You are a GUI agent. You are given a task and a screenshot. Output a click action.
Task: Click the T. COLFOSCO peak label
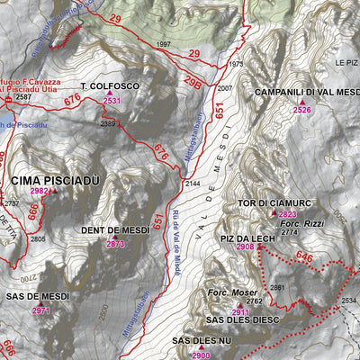110,85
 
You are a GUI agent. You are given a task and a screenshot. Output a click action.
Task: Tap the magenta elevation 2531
112,102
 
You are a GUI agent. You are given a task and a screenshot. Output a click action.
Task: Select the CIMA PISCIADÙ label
55,180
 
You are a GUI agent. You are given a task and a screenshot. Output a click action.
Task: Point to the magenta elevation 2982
40,192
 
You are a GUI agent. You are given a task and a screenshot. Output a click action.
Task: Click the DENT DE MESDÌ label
115,231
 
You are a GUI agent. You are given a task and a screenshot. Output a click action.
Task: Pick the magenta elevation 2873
115,244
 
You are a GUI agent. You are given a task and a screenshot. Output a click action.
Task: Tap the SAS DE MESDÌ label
38,297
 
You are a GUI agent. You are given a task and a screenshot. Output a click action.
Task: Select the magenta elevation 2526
302,110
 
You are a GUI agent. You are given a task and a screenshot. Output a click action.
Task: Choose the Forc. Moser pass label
232,292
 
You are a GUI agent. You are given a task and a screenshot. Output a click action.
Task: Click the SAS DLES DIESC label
243,319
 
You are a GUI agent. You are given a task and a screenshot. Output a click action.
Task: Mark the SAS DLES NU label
202,341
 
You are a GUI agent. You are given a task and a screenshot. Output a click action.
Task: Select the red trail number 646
306,258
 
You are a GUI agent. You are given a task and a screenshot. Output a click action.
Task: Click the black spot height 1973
236,64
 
